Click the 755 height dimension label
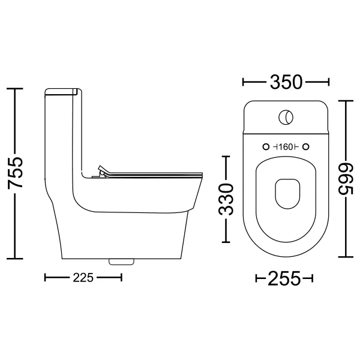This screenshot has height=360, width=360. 15,173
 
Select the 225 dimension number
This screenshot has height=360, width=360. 83,278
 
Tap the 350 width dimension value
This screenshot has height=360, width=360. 286,82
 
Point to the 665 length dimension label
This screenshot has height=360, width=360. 346,179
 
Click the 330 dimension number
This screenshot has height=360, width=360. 226,199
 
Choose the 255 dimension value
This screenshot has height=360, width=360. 284,278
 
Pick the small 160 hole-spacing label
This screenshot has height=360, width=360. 286,147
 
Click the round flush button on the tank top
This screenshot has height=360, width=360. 286,117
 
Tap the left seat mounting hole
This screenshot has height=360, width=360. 266,147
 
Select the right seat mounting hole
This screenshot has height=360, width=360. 306,147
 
